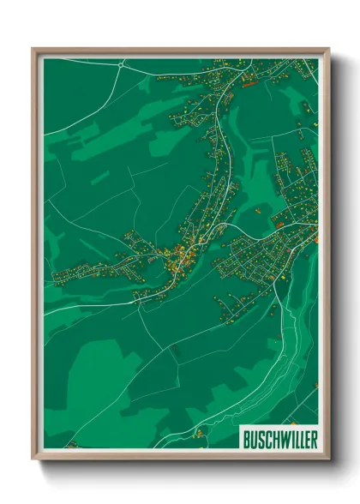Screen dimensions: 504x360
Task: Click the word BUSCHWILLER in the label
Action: point(279,439)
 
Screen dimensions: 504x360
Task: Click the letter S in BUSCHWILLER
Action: point(261,439)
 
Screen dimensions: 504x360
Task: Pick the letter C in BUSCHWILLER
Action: point(267,439)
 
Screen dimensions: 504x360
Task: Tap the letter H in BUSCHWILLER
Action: point(273,439)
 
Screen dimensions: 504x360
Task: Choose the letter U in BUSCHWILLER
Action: point(254,439)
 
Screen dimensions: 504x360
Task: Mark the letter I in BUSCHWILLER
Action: point(288,439)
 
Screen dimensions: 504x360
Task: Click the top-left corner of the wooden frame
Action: point(33,49)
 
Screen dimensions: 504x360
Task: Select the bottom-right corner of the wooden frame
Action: point(328,457)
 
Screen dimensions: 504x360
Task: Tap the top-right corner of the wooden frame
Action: point(328,49)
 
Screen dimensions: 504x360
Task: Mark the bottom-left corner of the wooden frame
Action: point(33,457)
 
